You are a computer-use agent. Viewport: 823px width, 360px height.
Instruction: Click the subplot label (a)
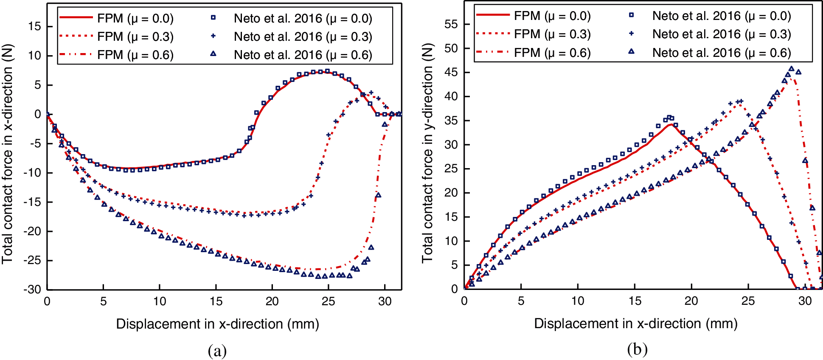[217, 351]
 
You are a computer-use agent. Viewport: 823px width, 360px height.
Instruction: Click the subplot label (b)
[637, 349]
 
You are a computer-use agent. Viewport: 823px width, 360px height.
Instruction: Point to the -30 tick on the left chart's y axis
[32, 290]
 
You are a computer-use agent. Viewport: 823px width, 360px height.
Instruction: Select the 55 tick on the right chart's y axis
[451, 24]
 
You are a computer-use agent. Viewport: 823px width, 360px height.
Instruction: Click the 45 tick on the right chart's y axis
[451, 73]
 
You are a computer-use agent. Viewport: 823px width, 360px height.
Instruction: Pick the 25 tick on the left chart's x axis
[328, 301]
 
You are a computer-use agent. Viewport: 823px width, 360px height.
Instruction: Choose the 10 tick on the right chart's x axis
[578, 301]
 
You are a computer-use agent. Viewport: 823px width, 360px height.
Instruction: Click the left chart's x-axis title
[217, 324]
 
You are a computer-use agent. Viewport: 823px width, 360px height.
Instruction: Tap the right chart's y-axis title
[427, 153]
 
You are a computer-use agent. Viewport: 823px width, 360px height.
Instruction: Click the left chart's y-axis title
[7, 154]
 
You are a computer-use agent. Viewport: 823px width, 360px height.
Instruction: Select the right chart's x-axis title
[635, 323]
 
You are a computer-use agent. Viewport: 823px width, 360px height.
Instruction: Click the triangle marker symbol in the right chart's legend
[631, 51]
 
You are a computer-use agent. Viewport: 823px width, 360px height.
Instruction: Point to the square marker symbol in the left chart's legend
[213, 18]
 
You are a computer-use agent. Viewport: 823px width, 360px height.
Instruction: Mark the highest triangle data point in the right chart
[791, 69]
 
